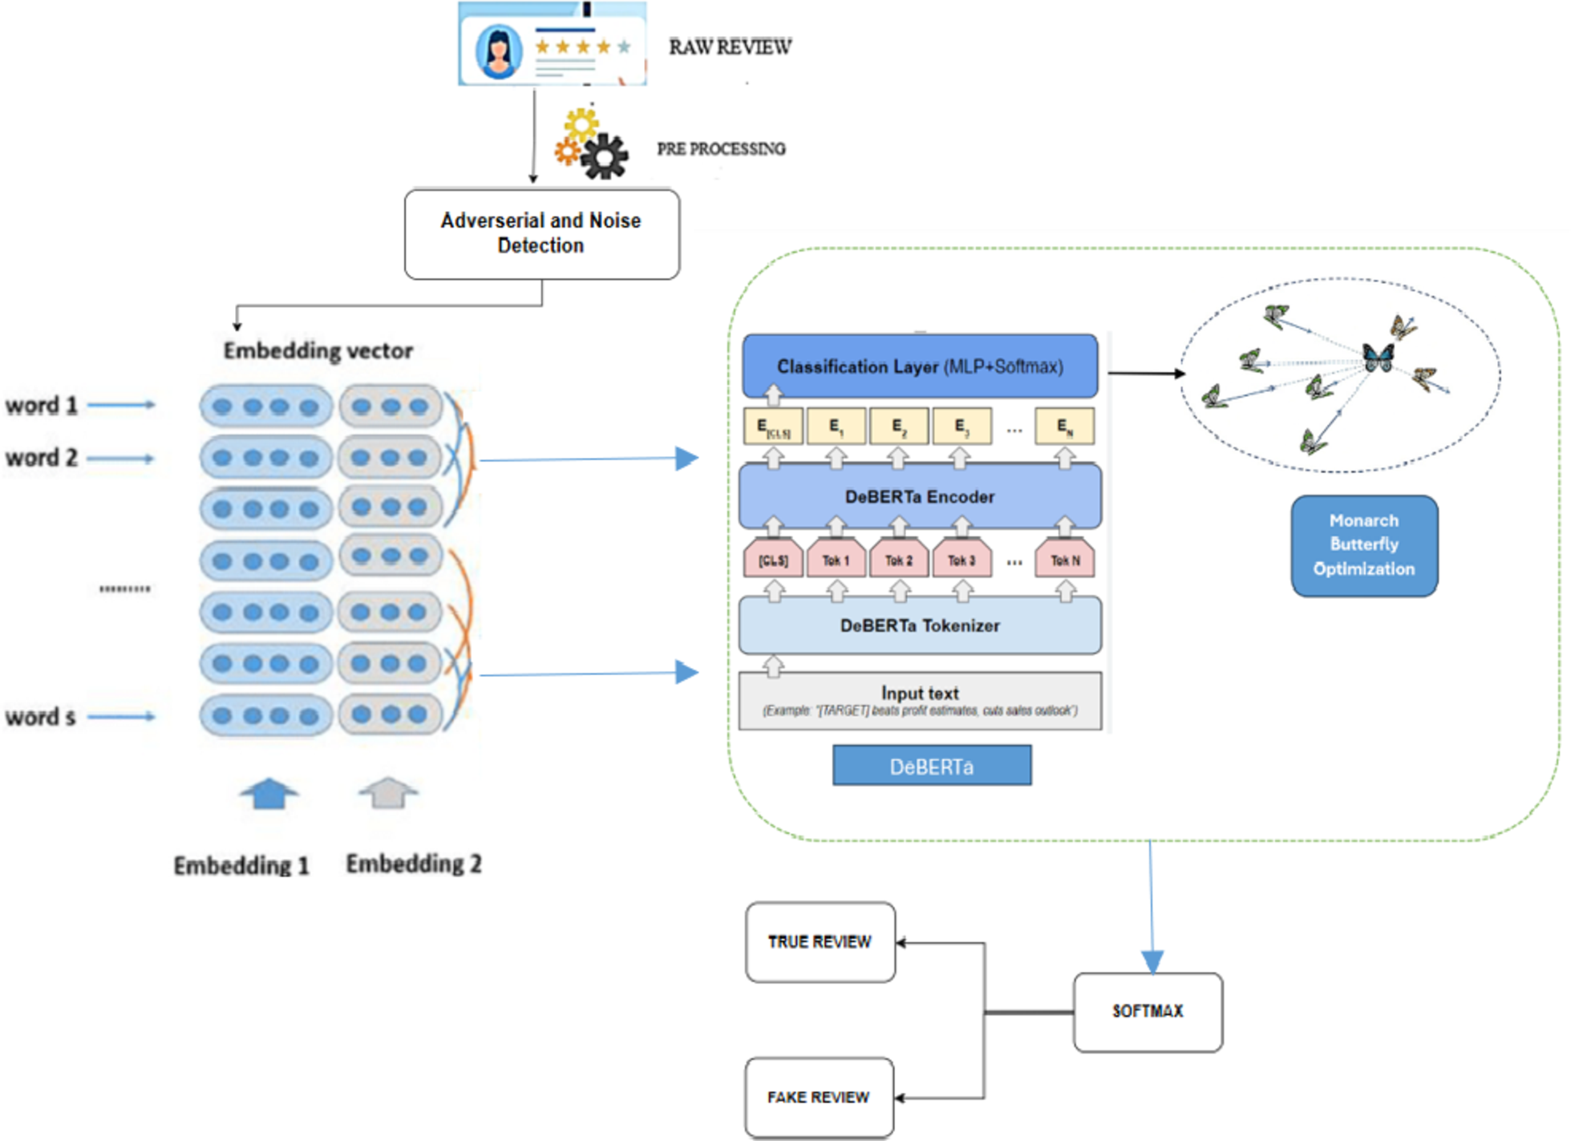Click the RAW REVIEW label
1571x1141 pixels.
click(730, 47)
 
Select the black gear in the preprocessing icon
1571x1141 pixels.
click(605, 156)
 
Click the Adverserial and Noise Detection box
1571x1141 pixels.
click(541, 233)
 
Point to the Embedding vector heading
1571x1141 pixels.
click(318, 351)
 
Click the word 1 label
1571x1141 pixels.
click(42, 406)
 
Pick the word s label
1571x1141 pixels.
click(40, 717)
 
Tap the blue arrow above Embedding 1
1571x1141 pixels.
click(269, 793)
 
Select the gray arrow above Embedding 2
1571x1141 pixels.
click(388, 793)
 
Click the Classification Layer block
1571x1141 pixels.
click(920, 366)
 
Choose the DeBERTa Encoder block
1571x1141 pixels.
click(920, 496)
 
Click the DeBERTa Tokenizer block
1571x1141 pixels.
click(920, 625)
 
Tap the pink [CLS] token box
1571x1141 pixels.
click(773, 560)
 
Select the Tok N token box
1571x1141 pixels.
click(1065, 560)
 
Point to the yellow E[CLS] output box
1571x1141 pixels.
click(773, 427)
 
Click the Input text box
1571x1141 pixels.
click(920, 701)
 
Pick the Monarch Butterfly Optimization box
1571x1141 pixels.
click(1364, 545)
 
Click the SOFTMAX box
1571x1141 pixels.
click(1148, 1012)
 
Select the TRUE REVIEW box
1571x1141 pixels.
click(820, 942)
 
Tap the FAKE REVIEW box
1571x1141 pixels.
click(819, 1098)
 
